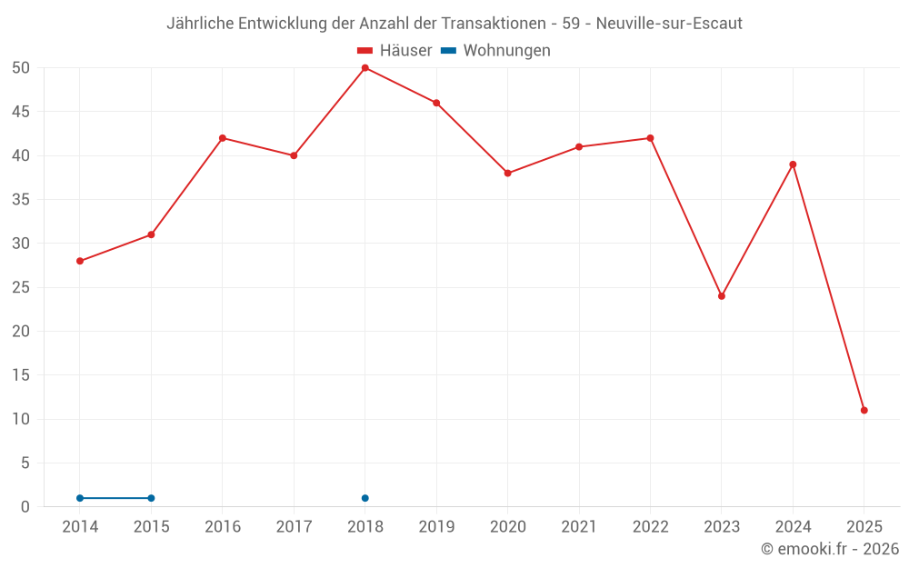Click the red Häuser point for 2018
coord(365,68)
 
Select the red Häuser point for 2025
coord(864,410)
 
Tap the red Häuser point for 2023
coord(722,296)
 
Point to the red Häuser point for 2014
coord(80,261)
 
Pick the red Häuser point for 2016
coord(223,138)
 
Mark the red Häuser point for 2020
coord(507,174)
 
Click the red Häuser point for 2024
coord(793,164)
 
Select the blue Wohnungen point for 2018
coord(365,498)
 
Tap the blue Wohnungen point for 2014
coord(80,498)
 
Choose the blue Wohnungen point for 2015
coord(151,498)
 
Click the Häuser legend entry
coord(395,51)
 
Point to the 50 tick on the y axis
coord(21,68)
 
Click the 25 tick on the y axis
coord(21,287)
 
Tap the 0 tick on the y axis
coord(25,507)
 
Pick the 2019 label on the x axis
coord(436,527)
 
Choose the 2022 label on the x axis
coord(650,527)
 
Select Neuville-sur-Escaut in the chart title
coord(669,24)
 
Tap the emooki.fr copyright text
coord(830,549)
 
